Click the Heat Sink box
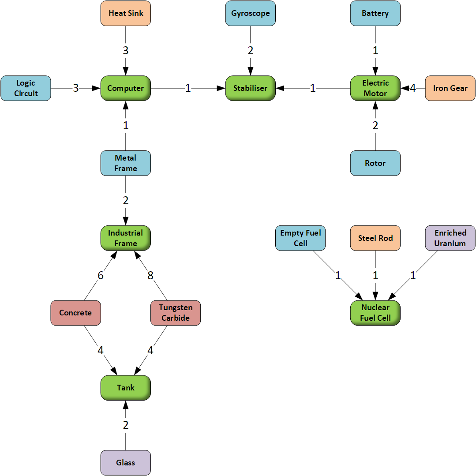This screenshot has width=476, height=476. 126,13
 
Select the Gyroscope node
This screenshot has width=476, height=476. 251,13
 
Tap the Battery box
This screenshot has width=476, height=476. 375,13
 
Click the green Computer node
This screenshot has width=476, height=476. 126,88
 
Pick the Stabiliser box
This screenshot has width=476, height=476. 251,88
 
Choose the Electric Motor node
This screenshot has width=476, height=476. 375,88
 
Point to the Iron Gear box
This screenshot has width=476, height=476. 450,88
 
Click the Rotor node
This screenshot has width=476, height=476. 375,163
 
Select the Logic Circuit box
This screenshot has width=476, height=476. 26,88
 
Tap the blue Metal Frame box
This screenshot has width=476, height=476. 126,163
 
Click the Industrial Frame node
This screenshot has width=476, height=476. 126,238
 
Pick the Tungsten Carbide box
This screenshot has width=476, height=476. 176,313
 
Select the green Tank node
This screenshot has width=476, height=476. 126,388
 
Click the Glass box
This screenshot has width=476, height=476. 126,463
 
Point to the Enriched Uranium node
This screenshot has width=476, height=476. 450,238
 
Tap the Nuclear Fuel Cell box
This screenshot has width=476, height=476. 375,313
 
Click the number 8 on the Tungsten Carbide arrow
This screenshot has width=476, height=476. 150,276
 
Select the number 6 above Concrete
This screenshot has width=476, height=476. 101,276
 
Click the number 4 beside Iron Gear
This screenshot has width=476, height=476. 413,88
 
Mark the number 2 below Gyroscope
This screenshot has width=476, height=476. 251,51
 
